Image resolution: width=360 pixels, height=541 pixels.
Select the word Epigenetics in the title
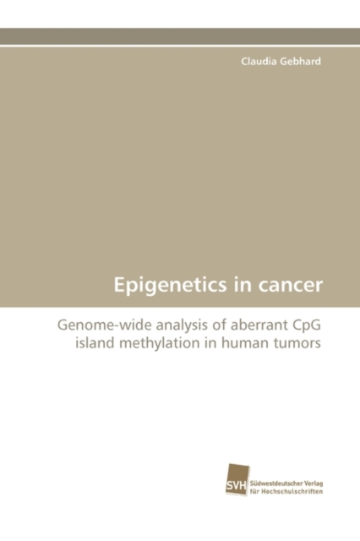pyautogui.click(x=171, y=286)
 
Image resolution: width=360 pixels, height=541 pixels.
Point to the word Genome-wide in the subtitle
pyautogui.click(x=105, y=325)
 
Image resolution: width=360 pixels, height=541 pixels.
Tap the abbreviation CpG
pyautogui.click(x=307, y=326)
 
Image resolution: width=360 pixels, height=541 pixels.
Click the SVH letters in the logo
pyautogui.click(x=236, y=486)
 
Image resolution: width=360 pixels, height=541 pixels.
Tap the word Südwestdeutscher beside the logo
pyautogui.click(x=275, y=483)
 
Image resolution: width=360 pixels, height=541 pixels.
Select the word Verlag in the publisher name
pyautogui.click(x=313, y=484)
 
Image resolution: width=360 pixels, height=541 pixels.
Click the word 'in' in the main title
pyautogui.click(x=243, y=286)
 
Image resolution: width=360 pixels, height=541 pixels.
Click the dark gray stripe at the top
pyautogui.click(x=180, y=36)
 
